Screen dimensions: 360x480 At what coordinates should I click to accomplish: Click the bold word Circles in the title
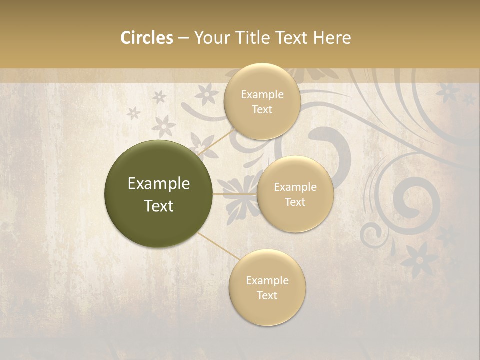tap(146, 38)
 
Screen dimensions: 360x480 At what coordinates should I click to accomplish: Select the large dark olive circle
tap(159, 194)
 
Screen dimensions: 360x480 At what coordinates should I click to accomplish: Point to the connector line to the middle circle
tap(235, 194)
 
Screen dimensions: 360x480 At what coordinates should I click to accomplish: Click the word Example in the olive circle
tap(159, 184)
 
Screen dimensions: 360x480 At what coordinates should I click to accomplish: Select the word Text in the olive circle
tap(159, 206)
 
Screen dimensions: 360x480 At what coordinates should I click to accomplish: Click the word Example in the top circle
tap(262, 95)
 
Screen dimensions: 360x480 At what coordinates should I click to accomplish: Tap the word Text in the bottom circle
tap(267, 295)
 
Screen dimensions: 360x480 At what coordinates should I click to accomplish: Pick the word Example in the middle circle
tap(295, 187)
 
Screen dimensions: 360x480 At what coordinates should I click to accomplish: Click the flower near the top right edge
tap(448, 92)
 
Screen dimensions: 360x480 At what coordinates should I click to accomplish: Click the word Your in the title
tap(210, 38)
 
